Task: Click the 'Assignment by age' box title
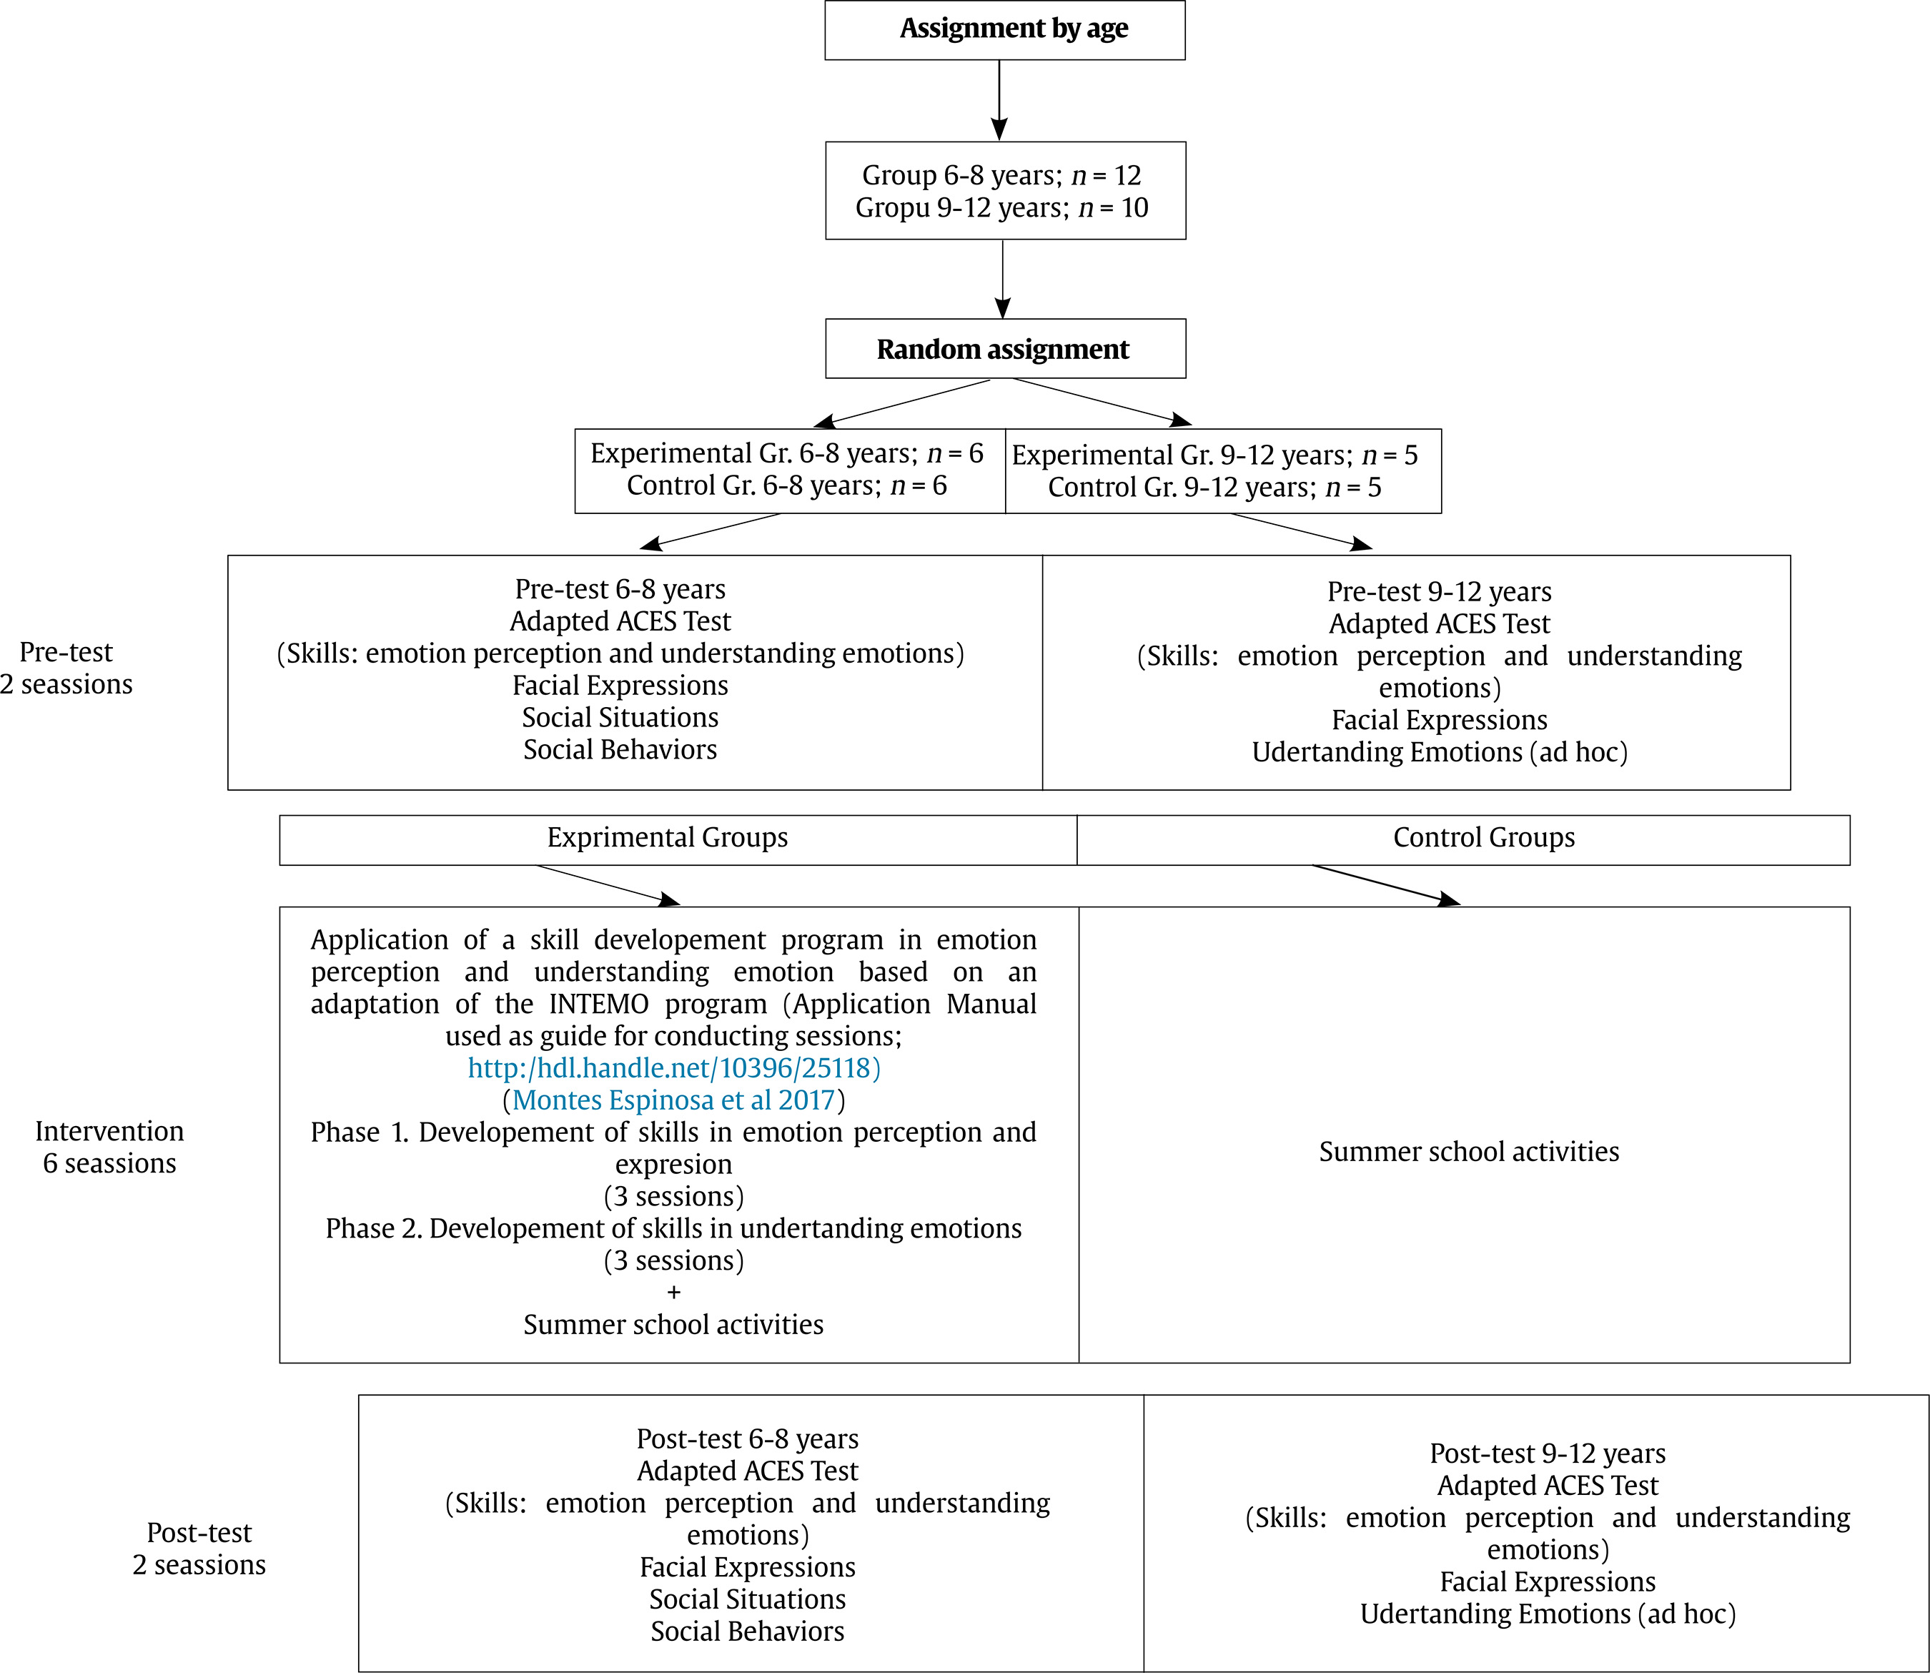click(1014, 29)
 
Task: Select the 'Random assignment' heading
click(1002, 349)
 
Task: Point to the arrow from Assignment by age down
click(999, 101)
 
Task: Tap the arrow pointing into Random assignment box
click(1002, 279)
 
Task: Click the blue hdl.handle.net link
click(674, 1067)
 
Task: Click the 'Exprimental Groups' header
click(668, 837)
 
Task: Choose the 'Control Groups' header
click(1484, 837)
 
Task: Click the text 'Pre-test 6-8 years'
click(620, 589)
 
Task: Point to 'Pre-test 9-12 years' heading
click(1439, 592)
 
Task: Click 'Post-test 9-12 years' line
click(1548, 1454)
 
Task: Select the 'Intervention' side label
click(109, 1132)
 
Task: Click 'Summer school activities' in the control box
click(1469, 1152)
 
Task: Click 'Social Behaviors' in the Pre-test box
click(620, 750)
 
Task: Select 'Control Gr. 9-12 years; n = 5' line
click(1214, 488)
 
